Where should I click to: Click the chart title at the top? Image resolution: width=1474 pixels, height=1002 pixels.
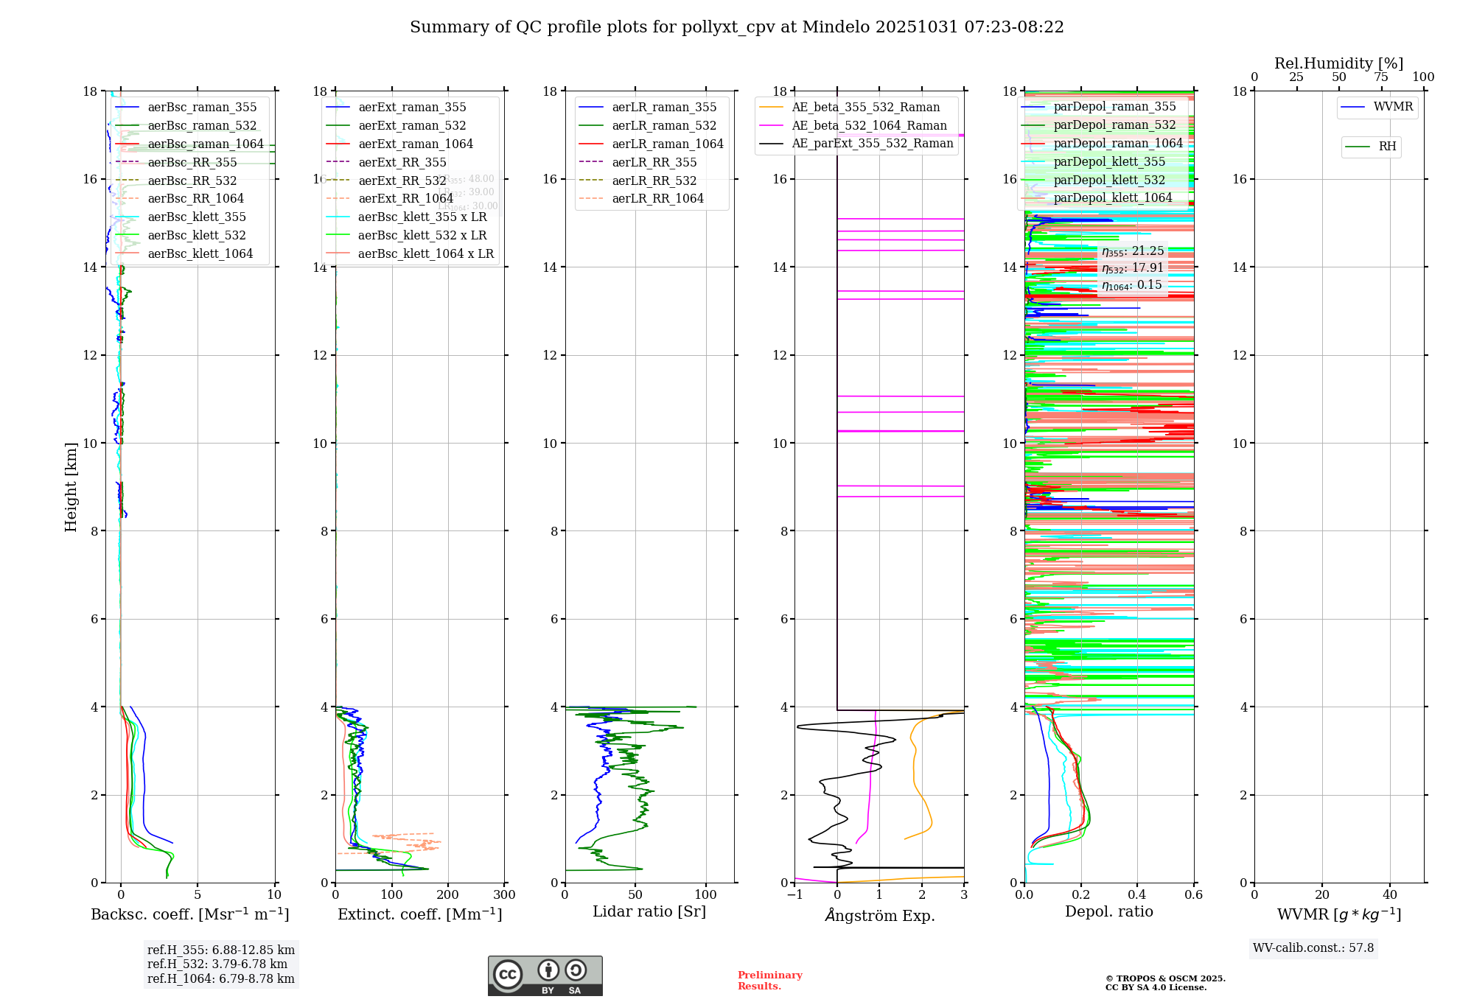(x=736, y=27)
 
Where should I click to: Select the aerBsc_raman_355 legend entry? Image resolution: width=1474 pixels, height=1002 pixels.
(x=202, y=108)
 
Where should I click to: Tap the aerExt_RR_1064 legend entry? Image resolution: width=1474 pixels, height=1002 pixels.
(x=405, y=199)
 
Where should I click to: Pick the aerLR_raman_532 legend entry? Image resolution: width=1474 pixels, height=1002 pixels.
(x=664, y=126)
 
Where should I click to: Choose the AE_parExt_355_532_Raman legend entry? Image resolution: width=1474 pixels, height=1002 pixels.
(x=872, y=144)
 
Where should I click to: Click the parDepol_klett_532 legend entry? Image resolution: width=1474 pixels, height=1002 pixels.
(x=1109, y=180)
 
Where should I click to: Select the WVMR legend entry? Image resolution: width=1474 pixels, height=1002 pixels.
(x=1393, y=107)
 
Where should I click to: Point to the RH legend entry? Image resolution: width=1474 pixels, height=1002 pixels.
(x=1387, y=147)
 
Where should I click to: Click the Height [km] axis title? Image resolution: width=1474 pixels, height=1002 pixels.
(x=71, y=486)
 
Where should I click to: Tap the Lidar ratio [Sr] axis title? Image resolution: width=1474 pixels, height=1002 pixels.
(x=649, y=912)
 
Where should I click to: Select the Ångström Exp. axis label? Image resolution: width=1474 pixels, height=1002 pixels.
(x=879, y=916)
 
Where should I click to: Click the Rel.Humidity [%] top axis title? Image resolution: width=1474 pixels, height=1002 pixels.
(x=1338, y=63)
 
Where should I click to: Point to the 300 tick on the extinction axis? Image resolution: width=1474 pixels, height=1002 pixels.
(x=504, y=895)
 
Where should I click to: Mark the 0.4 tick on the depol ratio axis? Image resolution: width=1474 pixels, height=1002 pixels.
(x=1137, y=895)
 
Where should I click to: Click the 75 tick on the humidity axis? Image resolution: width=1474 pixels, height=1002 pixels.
(x=1381, y=77)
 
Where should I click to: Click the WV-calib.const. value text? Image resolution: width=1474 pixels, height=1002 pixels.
(x=1313, y=948)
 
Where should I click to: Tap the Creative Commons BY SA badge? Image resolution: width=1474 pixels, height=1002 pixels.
(x=545, y=976)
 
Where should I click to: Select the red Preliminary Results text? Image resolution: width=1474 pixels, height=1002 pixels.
(x=769, y=981)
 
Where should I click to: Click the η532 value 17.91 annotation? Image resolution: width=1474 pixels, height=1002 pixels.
(x=1133, y=268)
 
